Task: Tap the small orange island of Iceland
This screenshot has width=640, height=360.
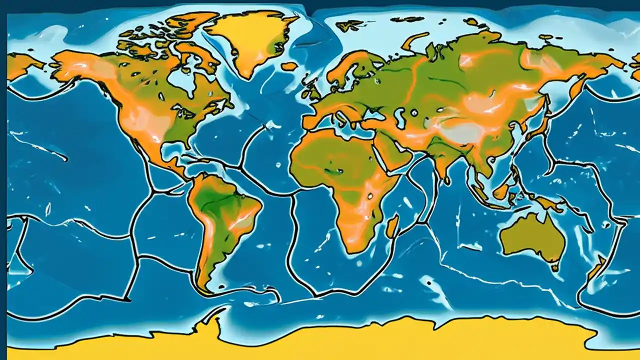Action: pos(289,66)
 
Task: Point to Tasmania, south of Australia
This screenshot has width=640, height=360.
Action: pos(554,267)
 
